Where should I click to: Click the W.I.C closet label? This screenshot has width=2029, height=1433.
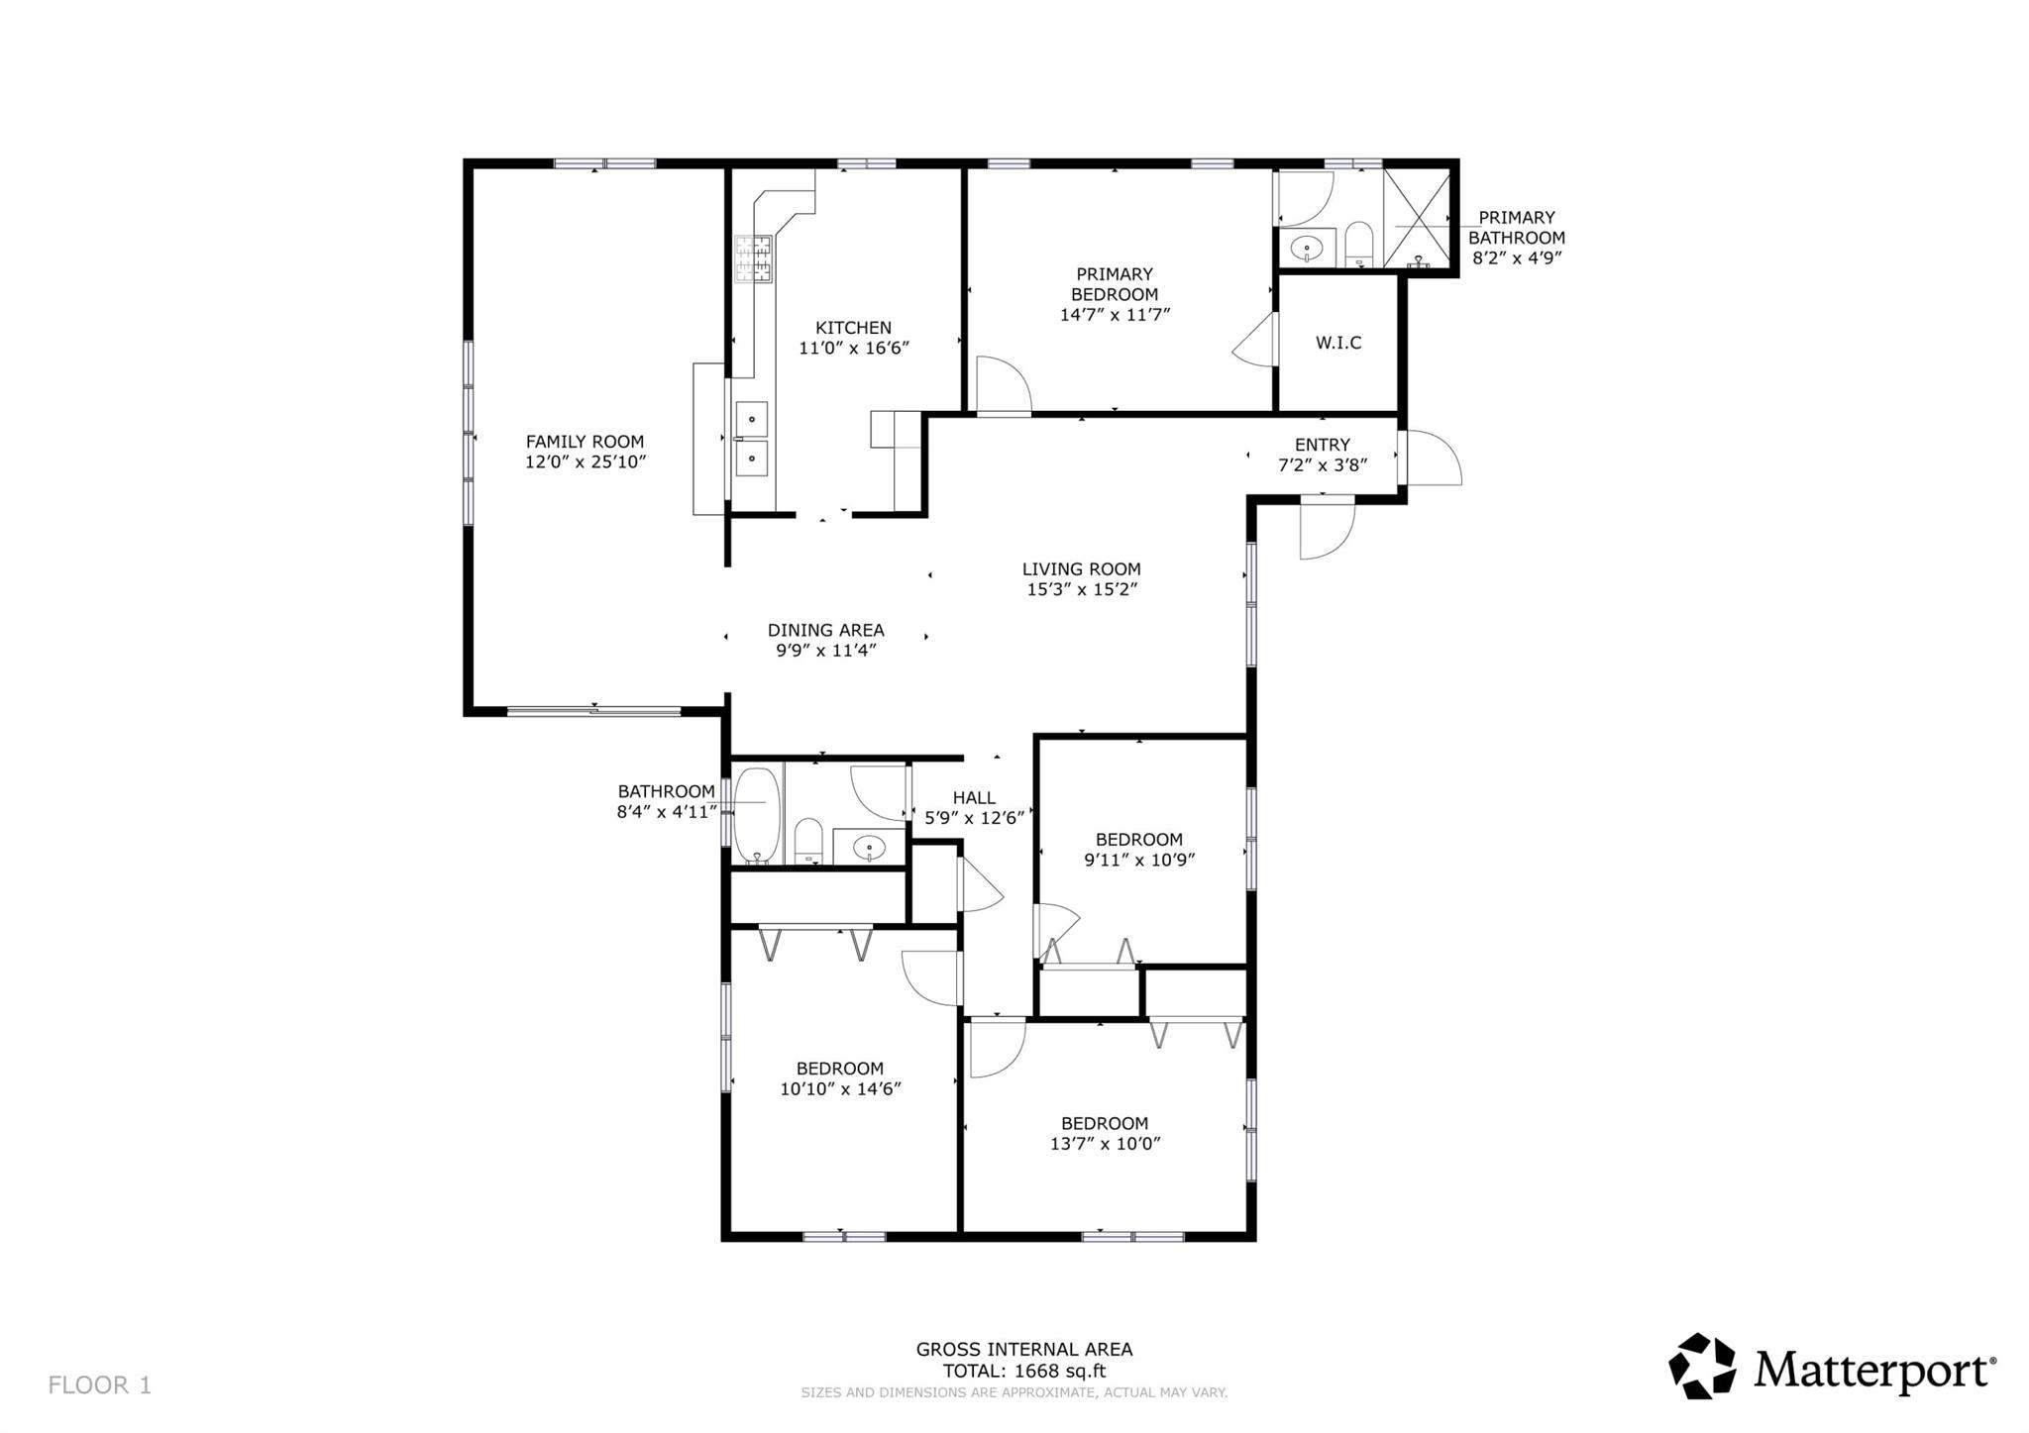coord(1337,343)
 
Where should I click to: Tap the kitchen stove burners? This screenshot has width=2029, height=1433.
coord(753,259)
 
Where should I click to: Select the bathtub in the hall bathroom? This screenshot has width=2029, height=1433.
coord(757,814)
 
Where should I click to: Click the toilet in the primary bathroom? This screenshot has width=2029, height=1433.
coord(1358,245)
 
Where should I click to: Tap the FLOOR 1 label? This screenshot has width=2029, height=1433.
coord(100,1384)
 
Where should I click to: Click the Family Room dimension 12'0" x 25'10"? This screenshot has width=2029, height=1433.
coord(585,461)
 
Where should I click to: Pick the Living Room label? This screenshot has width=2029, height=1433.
coord(1081,568)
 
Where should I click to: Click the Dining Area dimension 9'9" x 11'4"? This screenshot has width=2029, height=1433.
coord(825,651)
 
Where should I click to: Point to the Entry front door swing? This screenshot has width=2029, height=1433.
coord(1433,460)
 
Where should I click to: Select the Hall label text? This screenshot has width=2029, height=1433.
coord(974,797)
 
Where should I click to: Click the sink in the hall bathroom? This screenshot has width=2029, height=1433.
coord(869,848)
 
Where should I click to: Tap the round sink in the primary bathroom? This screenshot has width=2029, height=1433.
coord(1307,248)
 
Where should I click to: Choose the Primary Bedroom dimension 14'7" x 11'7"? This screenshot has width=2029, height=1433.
coord(1115,315)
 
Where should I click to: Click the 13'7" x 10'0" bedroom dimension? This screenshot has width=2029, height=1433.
coord(1105,1144)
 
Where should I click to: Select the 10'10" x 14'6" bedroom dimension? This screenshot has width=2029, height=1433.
coord(840,1089)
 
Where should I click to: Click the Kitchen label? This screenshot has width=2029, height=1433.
coord(853,328)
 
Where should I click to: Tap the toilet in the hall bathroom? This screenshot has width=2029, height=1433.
coord(808,841)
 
